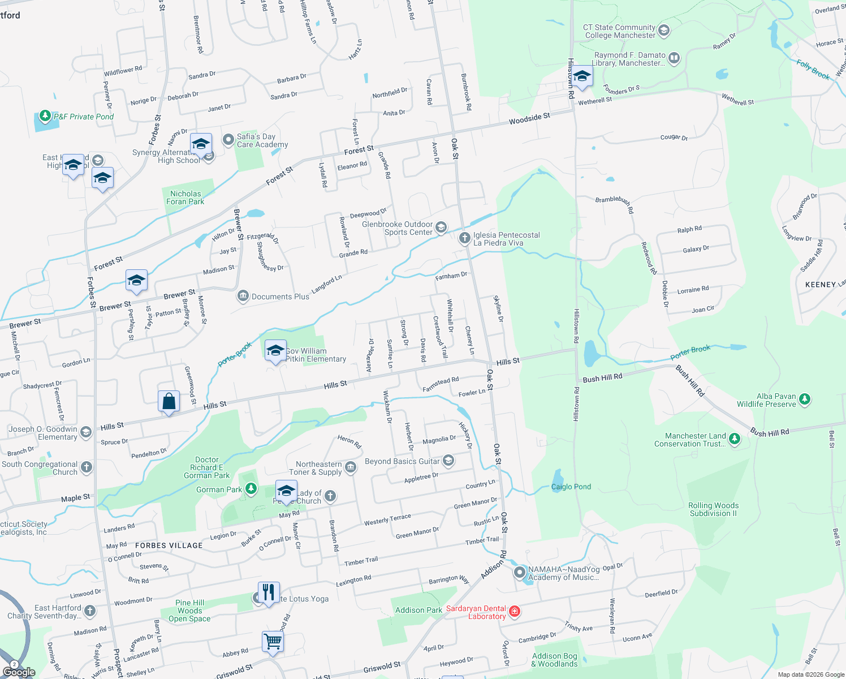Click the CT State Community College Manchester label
tap(619, 31)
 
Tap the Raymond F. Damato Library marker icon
tap(674, 58)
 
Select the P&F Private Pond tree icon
tap(45, 117)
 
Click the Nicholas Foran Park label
tap(185, 197)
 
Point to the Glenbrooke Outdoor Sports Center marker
tap(441, 227)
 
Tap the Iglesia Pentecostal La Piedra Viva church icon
tap(464, 238)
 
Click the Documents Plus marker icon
tap(243, 296)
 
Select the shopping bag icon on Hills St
tap(169, 401)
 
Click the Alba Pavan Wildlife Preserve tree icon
tap(805, 399)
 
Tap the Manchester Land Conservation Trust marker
tap(735, 439)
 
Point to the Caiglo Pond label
tap(571, 487)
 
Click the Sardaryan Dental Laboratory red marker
tap(515, 611)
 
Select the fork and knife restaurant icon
tap(269, 592)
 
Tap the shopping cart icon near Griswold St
tap(273, 642)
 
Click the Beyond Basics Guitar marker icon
tap(448, 461)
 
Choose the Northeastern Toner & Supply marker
tap(351, 467)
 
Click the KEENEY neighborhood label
tap(820, 285)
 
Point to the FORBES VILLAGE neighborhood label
tap(169, 545)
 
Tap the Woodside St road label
tap(529, 119)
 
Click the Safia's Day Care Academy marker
tap(228, 139)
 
